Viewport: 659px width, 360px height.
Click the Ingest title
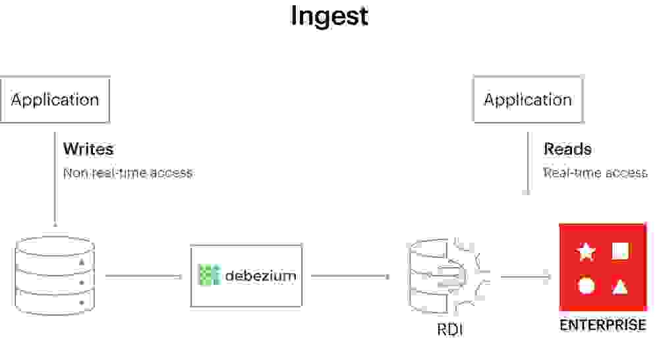329,16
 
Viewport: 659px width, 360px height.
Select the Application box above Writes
55,100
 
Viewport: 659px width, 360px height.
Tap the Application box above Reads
528,100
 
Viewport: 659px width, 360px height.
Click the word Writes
88,149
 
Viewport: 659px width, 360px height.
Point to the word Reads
567,149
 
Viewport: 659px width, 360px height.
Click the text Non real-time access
128,173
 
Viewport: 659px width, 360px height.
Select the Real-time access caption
595,173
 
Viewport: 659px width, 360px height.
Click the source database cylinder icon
55,277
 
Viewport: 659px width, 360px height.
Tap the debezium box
246,276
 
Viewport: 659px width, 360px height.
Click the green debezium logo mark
209,275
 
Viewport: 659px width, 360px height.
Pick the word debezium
260,276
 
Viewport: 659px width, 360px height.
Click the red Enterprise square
602,267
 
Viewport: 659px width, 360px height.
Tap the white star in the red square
586,251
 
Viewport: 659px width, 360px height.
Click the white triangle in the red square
619,286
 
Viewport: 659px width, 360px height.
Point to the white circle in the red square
586,286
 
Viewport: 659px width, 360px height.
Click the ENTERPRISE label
602,325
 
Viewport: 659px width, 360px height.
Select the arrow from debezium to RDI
349,276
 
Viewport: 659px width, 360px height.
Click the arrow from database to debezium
143,276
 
